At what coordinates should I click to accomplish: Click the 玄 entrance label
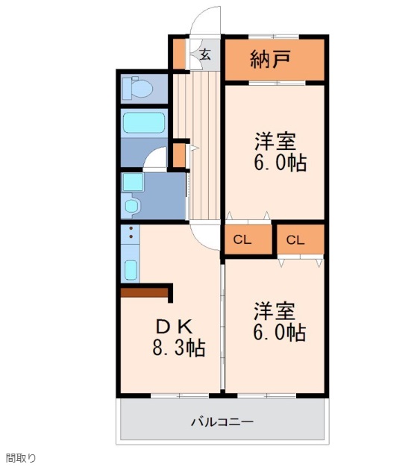[204, 54]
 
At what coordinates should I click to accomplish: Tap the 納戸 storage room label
[270, 60]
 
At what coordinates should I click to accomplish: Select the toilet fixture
[140, 89]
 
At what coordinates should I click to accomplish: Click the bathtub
[143, 122]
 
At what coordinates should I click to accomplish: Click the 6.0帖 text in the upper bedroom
[280, 163]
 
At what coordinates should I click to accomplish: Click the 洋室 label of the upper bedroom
[275, 141]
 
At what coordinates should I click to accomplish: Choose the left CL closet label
[242, 239]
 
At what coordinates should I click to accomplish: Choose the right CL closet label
[295, 239]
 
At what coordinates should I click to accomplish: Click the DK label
[175, 326]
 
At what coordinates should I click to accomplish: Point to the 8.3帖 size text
[179, 348]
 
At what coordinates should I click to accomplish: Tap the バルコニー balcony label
[222, 421]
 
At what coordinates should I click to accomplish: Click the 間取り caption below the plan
[20, 458]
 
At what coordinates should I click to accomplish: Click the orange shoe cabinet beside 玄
[179, 54]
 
